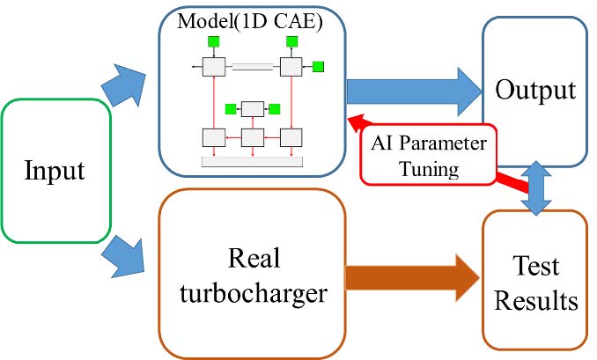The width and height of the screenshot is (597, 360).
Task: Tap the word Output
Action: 535,90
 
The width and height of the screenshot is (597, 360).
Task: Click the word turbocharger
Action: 254,293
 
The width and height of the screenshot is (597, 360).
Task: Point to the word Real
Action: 254,259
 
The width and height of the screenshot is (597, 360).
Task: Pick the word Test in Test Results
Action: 535,265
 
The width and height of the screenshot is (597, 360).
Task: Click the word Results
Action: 535,300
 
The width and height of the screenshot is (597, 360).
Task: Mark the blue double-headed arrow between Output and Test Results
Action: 536,187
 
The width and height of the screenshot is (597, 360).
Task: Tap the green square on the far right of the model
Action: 319,66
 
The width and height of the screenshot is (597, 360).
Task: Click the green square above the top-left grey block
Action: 213,41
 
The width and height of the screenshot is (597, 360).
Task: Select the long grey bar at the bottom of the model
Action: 252,161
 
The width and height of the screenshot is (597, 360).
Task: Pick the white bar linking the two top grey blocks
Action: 253,66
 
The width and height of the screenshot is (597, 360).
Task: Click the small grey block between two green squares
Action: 252,109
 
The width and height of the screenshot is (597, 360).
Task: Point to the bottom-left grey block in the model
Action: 213,137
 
